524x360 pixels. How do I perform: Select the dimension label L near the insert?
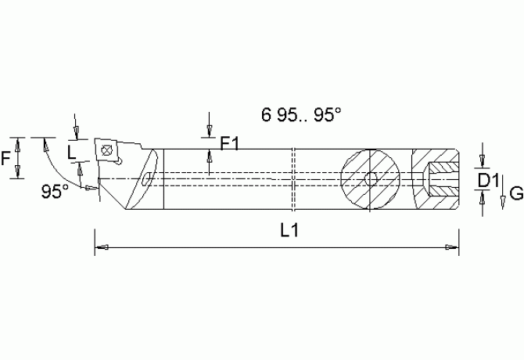pos(73,151)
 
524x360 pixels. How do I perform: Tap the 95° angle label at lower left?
pos(56,190)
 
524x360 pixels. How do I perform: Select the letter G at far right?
pos(515,193)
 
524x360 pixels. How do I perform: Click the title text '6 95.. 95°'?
pos(301,114)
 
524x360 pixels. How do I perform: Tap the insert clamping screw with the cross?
pos(105,149)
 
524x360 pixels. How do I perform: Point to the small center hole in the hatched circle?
pos(375,179)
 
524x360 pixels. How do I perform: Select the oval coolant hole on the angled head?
pos(146,181)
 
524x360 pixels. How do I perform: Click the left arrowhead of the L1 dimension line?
pos(99,248)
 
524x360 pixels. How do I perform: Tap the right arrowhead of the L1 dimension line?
pos(453,248)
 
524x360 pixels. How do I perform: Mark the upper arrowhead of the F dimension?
pos(16,141)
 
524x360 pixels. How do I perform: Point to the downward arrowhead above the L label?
pos(74,132)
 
